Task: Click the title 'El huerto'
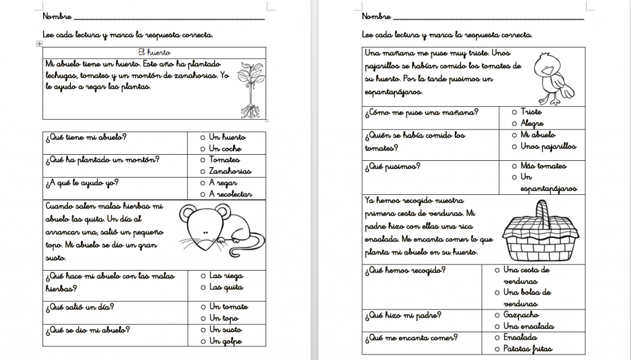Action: click(x=154, y=53)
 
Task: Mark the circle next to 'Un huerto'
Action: click(x=202, y=137)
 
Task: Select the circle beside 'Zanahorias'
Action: click(x=202, y=171)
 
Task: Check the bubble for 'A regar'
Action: click(x=202, y=183)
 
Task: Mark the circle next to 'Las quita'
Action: click(x=202, y=287)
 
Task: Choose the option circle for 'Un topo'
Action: click(x=202, y=318)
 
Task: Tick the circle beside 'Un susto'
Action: click(x=202, y=330)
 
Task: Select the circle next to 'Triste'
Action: click(x=514, y=112)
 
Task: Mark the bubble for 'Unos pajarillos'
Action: click(x=514, y=147)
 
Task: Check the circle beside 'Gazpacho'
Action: click(x=497, y=314)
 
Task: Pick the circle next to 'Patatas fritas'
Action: click(x=497, y=350)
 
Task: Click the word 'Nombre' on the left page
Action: click(x=57, y=16)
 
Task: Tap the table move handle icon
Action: click(x=39, y=44)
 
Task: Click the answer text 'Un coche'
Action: click(x=226, y=149)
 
